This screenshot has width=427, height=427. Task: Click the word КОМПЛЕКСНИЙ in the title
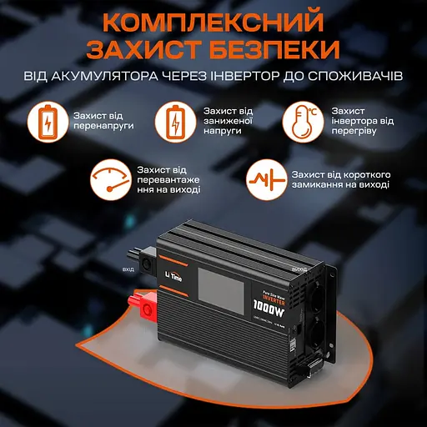pyautogui.click(x=213, y=18)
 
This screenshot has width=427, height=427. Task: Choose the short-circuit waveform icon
pyautogui.click(x=266, y=180)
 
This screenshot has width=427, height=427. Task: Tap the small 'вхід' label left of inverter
pyautogui.click(x=128, y=270)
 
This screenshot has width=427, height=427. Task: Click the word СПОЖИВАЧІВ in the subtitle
pyautogui.click(x=355, y=77)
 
